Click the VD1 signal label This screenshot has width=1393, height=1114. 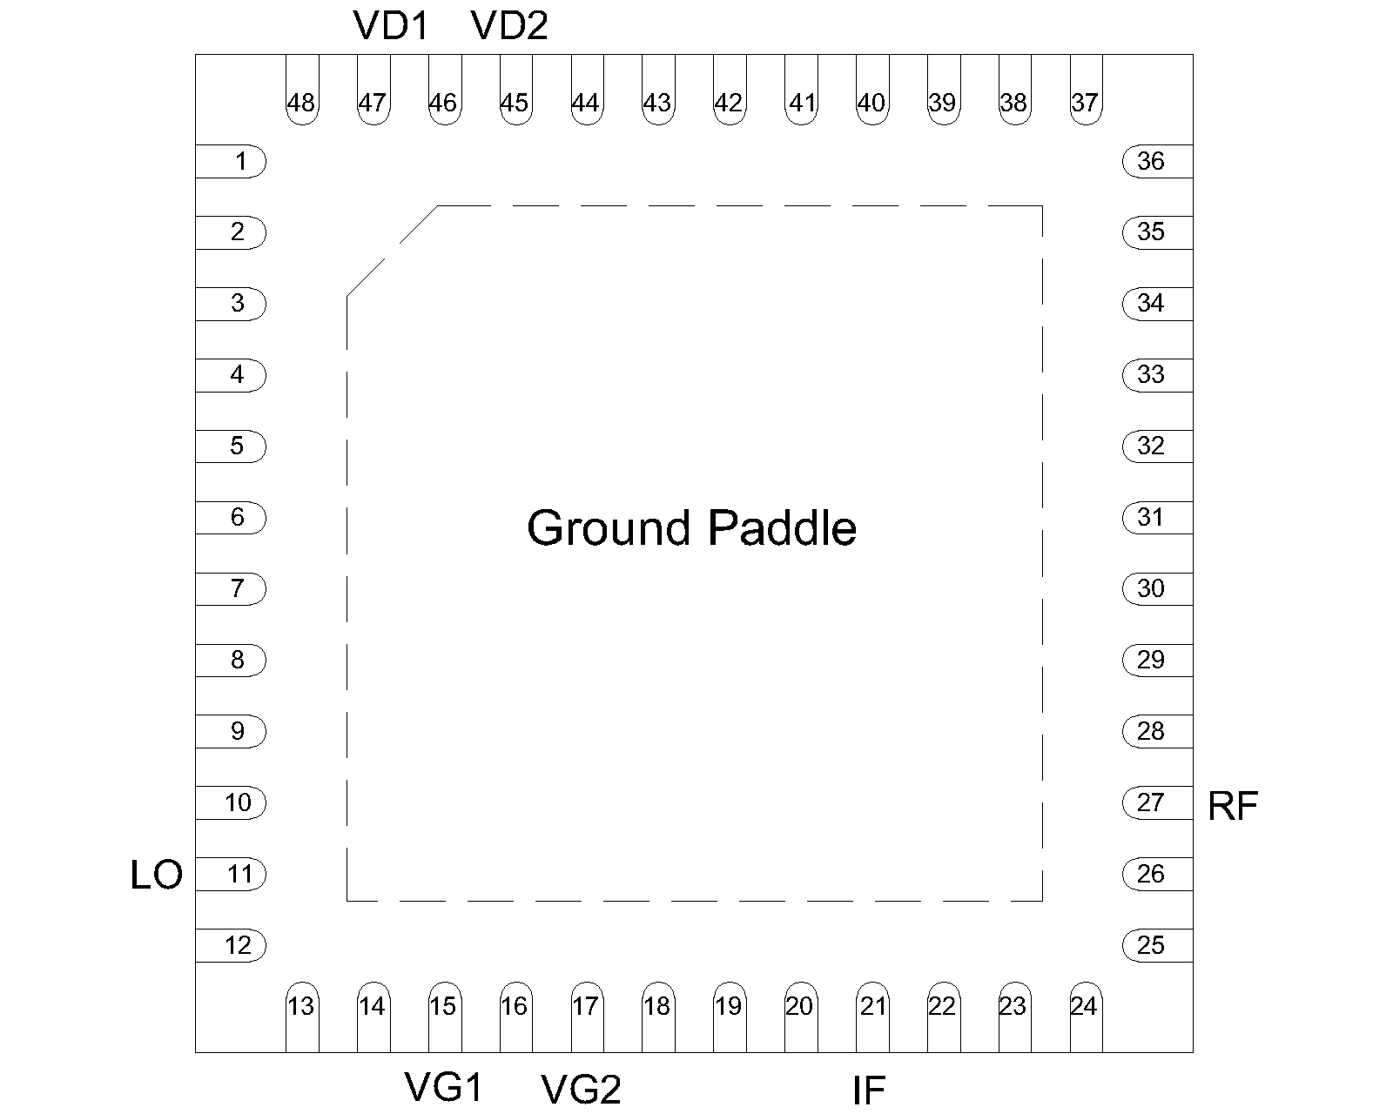[390, 26]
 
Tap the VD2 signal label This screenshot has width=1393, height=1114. [509, 26]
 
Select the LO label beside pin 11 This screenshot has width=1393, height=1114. [157, 875]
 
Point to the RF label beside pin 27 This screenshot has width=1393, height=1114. [1233, 807]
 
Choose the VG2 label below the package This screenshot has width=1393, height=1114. [581, 1089]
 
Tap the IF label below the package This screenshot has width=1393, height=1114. [869, 1090]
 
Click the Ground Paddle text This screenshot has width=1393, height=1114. [691, 527]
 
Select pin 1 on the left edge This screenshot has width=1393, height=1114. [231, 161]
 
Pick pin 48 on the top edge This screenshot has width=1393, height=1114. [302, 90]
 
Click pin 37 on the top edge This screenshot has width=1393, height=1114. [1087, 90]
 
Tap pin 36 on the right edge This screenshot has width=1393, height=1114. [1157, 161]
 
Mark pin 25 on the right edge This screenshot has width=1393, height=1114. [1157, 945]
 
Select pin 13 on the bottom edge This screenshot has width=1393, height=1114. [302, 1017]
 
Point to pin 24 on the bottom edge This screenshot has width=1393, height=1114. [1087, 1017]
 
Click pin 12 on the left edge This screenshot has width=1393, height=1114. [231, 945]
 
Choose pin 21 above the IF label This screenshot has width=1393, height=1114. [872, 1017]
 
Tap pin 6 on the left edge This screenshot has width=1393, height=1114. [231, 517]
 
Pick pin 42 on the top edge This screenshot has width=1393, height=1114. [730, 90]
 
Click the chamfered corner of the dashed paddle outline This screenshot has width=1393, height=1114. [393, 252]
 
